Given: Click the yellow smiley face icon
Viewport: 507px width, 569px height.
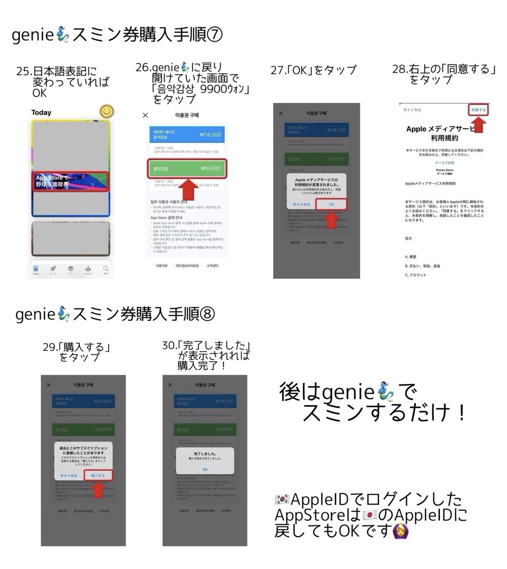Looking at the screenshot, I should (108, 112).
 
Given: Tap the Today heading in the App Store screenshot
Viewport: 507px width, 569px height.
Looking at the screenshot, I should (41, 113).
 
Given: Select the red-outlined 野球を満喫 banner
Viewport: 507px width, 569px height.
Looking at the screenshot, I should (70, 181).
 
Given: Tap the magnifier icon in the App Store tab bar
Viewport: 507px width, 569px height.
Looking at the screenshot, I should (106, 269).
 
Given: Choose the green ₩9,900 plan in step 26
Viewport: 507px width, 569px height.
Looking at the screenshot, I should (186, 168).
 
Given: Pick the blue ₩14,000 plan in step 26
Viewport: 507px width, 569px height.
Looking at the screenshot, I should (186, 134).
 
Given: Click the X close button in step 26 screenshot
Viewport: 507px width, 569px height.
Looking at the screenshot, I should (145, 115).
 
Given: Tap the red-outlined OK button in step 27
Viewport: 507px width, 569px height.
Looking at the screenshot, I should (331, 204).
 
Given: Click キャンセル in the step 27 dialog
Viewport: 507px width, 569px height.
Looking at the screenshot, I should (302, 204).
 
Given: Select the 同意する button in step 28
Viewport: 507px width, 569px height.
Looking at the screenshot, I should (478, 110).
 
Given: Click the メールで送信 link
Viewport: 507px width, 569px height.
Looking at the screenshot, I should (444, 163).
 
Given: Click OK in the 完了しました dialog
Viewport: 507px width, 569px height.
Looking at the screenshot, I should (205, 469).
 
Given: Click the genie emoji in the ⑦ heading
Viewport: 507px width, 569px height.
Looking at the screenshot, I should (63, 35).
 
